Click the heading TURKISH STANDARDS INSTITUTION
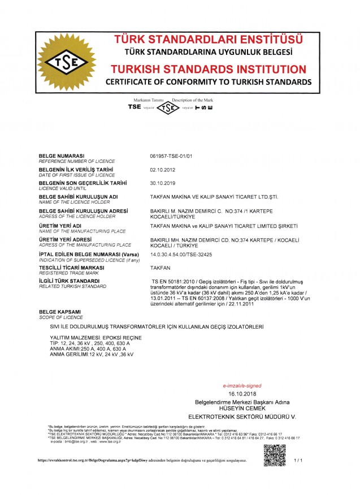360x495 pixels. click(209, 70)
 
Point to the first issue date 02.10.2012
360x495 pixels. click(160, 169)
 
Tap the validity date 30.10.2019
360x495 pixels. click(160, 183)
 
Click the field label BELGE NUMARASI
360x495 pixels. click(61, 155)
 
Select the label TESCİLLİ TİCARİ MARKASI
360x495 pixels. click(71, 268)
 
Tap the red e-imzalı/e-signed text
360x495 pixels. click(242, 385)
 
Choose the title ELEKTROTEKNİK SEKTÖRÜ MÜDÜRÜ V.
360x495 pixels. click(242, 416)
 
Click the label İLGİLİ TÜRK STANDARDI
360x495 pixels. click(69, 281)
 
